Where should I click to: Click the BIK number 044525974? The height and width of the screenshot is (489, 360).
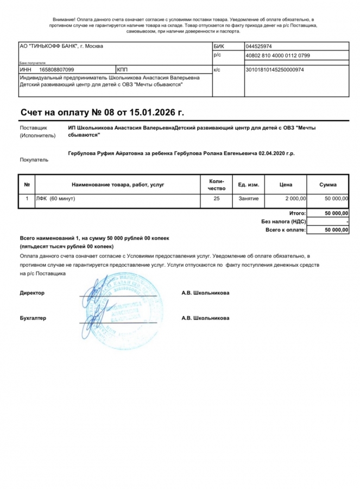[x=259, y=46]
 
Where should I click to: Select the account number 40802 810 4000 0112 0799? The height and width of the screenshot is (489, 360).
[x=278, y=55]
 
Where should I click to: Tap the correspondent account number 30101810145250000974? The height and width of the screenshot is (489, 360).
[x=275, y=70]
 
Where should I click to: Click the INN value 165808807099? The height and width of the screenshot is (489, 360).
[x=56, y=70]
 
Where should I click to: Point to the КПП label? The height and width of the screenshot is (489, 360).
[x=122, y=70]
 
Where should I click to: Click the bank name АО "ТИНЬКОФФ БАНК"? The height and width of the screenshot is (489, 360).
[x=48, y=46]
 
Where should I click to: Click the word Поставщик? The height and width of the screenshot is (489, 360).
[x=31, y=128]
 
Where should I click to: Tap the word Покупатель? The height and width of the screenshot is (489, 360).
[x=34, y=160]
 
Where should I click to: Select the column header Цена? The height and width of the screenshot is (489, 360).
[x=286, y=185]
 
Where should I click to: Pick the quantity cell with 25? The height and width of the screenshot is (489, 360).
[x=217, y=198]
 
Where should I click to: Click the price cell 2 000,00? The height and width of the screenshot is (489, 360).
[x=295, y=198]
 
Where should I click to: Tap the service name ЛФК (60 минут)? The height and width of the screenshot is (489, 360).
[x=55, y=198]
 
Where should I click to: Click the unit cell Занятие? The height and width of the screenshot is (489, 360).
[x=248, y=198]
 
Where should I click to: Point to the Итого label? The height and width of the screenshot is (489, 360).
[x=297, y=214]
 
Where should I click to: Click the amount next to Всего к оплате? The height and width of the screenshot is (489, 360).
[x=336, y=230]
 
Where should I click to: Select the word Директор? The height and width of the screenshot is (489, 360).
[x=32, y=293]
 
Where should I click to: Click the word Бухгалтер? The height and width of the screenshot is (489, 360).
[x=33, y=318]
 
